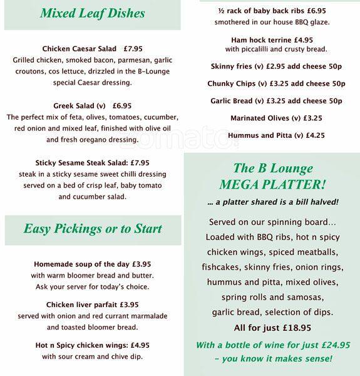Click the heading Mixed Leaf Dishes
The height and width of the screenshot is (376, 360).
[92, 13]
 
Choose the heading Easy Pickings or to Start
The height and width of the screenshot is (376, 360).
[92, 229]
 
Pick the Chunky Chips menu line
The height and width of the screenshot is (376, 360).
[276, 83]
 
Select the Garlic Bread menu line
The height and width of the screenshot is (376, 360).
[276, 101]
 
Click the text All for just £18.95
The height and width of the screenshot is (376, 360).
[272, 327]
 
